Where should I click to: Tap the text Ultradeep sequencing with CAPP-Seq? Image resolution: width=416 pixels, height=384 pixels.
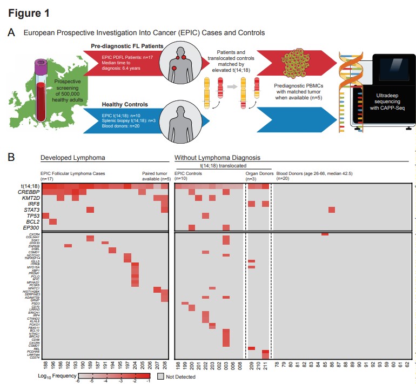pyautogui.click(x=383, y=102)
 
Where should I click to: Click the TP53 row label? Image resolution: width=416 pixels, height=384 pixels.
pyautogui.click(x=31, y=215)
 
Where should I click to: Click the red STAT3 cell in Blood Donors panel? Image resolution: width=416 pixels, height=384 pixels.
pyautogui.click(x=332, y=210)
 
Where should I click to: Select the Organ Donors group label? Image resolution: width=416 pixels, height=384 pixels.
pyautogui.click(x=257, y=173)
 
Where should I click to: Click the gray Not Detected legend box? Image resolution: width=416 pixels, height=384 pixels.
pyautogui.click(x=161, y=374)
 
